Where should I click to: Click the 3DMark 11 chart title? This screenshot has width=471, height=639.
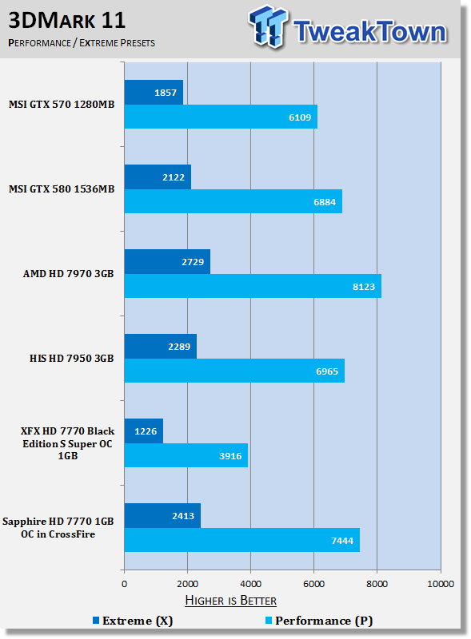click(67, 21)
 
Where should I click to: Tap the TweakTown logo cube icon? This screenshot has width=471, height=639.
click(268, 26)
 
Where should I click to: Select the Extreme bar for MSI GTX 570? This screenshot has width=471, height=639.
click(154, 93)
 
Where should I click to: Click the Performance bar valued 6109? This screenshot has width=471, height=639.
click(221, 117)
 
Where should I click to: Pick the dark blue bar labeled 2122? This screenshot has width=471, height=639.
click(158, 177)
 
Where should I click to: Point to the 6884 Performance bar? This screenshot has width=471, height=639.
click(234, 201)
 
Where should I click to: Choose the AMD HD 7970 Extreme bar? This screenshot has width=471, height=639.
click(167, 262)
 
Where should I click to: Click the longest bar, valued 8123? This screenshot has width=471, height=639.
click(253, 286)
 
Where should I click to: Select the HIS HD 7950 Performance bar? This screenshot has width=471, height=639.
click(234, 371)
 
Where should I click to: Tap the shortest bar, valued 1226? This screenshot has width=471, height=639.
click(144, 431)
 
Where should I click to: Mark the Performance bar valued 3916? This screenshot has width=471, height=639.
click(186, 455)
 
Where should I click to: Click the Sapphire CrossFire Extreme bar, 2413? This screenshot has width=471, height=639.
click(163, 516)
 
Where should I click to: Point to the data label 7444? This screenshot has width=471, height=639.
click(342, 541)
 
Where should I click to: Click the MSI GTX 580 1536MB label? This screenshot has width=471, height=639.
click(62, 189)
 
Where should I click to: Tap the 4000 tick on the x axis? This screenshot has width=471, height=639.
click(250, 584)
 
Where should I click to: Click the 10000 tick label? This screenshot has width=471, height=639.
click(441, 584)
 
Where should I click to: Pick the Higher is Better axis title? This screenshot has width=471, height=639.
click(230, 601)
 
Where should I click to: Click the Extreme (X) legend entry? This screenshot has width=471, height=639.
click(133, 621)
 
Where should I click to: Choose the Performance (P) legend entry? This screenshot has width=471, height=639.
click(319, 621)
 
